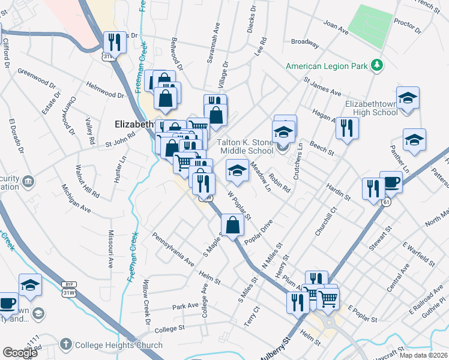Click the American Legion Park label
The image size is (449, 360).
click(x=327, y=65)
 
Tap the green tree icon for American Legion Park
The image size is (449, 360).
click(x=377, y=65)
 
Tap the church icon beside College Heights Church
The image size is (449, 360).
click(x=65, y=345)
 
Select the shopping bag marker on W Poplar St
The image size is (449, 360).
click(x=235, y=225)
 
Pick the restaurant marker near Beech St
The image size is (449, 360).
click(x=347, y=128)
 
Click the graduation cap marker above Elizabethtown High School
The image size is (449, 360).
click(x=408, y=98)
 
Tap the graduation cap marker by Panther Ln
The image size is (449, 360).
click(x=414, y=140)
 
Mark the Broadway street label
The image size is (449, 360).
click(x=304, y=42)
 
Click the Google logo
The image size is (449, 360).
click(x=20, y=353)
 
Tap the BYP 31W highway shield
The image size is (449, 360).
click(x=67, y=287)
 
